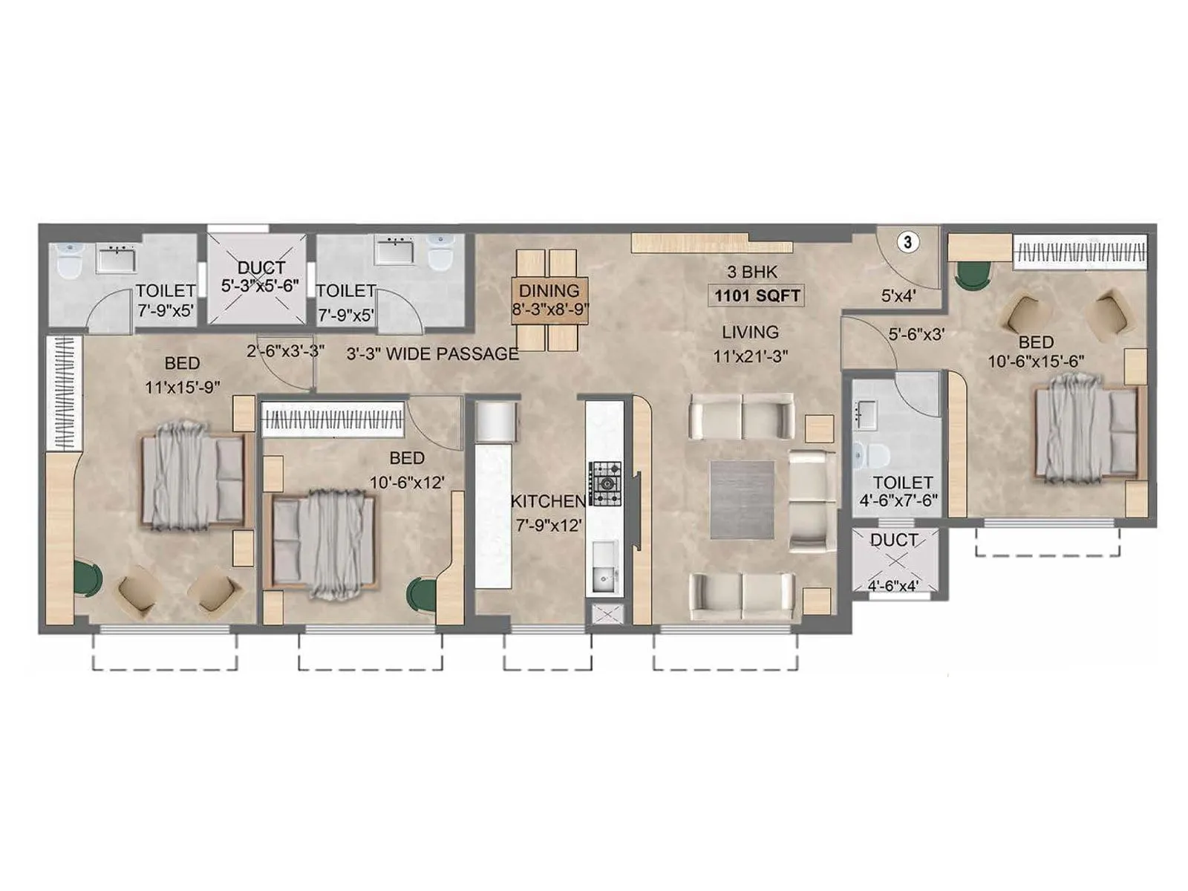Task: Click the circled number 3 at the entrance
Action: [x=907, y=242]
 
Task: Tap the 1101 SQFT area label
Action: [x=757, y=296]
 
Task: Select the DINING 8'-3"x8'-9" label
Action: [x=549, y=300]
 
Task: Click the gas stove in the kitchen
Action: [x=607, y=484]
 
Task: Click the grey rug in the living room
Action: [x=742, y=500]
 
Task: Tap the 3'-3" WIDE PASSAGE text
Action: [x=432, y=354]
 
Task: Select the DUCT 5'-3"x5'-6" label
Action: [x=260, y=277]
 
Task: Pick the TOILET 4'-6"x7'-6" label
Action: [x=901, y=492]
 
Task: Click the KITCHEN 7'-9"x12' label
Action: [x=548, y=513]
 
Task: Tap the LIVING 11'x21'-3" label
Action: [x=750, y=344]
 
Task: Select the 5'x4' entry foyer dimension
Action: [x=898, y=296]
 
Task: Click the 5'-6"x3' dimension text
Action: [x=916, y=335]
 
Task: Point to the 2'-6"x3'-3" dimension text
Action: [x=285, y=351]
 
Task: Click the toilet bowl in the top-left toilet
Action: [x=69, y=261]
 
